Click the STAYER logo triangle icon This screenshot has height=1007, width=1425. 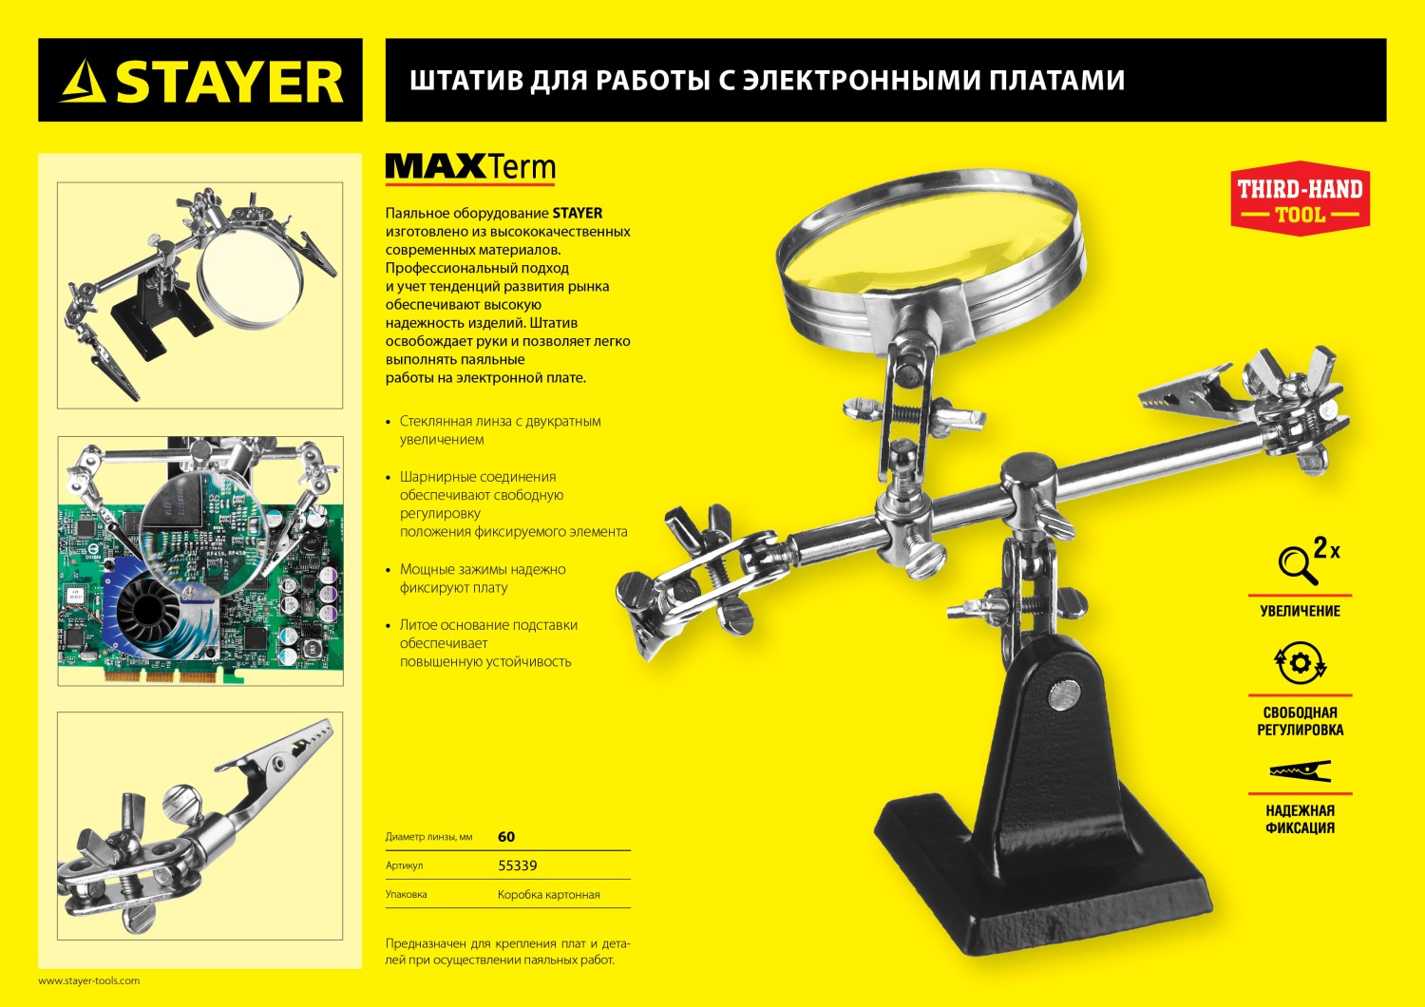[x=83, y=82]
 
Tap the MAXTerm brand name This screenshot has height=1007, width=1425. [x=470, y=168]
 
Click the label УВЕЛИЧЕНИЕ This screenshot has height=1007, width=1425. [x=1300, y=611]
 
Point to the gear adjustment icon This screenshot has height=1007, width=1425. [x=1300, y=662]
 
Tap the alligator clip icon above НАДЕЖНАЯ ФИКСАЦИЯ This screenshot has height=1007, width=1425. [x=1300, y=770]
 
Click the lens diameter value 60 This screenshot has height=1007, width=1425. [x=506, y=837]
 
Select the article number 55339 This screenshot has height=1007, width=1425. [x=518, y=865]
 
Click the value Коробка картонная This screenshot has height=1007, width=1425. [x=548, y=895]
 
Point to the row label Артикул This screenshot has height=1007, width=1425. [x=404, y=865]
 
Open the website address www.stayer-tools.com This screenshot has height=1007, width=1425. [x=88, y=980]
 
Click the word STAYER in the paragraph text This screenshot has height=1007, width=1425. [x=578, y=213]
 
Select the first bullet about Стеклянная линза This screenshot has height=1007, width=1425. [x=499, y=430]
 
